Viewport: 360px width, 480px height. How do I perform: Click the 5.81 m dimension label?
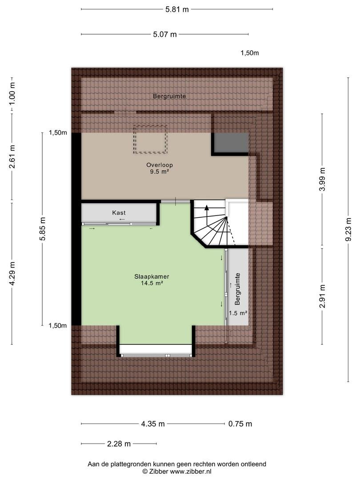(x=177, y=9)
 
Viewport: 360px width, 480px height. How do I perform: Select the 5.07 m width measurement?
(x=165, y=34)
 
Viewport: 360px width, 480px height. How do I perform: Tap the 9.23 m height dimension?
(x=348, y=230)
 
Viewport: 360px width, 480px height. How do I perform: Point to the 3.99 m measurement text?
(x=322, y=180)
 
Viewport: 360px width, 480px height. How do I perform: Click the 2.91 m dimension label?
(x=322, y=296)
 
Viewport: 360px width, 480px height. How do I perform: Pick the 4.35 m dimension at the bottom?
(x=153, y=424)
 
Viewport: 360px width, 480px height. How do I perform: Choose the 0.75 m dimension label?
(x=240, y=424)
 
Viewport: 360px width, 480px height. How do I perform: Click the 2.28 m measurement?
(x=119, y=444)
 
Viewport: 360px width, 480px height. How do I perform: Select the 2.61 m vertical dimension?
(x=12, y=157)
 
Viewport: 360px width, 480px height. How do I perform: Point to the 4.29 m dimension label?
(x=12, y=274)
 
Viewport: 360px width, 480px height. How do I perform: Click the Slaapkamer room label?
(x=152, y=277)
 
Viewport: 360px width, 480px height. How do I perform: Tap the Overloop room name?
(x=160, y=165)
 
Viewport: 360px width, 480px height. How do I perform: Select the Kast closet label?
(x=119, y=213)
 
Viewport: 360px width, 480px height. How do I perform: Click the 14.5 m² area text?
(x=152, y=284)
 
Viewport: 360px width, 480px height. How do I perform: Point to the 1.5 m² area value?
(x=238, y=313)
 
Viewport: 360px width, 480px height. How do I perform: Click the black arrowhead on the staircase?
(x=207, y=207)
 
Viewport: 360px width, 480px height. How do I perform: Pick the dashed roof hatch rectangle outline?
(x=150, y=125)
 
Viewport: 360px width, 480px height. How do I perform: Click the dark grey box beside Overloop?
(x=231, y=142)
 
